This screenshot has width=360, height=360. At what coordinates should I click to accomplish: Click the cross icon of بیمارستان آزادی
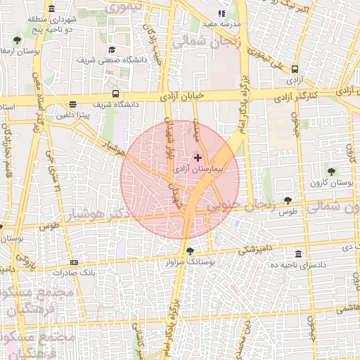pos(198,157)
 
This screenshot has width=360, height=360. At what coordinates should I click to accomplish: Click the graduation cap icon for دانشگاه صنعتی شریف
pos(112,49)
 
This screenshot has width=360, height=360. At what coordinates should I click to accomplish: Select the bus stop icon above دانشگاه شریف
pos(115,94)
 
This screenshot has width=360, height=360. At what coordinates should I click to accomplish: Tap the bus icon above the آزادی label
pos(295,69)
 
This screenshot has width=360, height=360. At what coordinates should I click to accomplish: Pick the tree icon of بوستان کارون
pos(331,171)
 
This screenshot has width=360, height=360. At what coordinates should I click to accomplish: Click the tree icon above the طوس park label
pos(287,200)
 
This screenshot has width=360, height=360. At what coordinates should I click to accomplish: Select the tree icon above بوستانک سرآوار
pos(190,250)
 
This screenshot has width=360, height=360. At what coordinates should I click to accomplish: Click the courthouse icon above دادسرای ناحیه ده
pos(299,254)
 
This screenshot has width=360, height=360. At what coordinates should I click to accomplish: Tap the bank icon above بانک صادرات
pos(75,262)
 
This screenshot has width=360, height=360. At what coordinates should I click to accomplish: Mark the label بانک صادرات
pos(76,271)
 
